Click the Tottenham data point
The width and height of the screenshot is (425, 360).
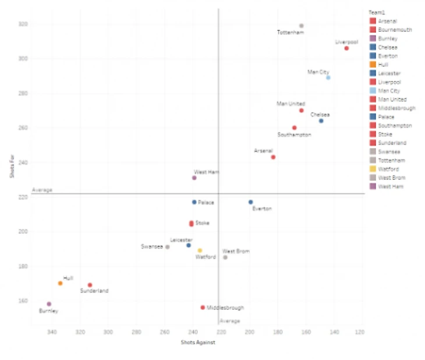(x=301, y=26)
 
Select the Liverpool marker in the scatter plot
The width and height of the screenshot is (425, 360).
(x=346, y=48)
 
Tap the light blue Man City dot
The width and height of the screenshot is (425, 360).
(x=328, y=77)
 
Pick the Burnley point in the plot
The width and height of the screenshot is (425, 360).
(x=49, y=304)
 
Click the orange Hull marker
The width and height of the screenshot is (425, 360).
(x=60, y=283)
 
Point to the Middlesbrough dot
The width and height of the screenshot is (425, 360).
(x=203, y=308)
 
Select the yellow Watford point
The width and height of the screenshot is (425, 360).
(x=200, y=250)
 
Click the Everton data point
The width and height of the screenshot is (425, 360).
(x=251, y=202)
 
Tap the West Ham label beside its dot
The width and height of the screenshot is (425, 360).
(x=206, y=171)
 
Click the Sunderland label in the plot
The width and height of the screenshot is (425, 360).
(x=94, y=291)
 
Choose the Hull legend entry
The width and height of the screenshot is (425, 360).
(x=387, y=65)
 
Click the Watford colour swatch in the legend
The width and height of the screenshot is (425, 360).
(x=372, y=169)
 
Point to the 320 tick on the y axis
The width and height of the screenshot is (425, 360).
(x=22, y=24)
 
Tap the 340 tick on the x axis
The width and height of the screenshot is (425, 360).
(x=52, y=332)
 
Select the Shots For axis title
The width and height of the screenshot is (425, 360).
(x=10, y=173)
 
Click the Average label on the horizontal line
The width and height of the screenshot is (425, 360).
(x=42, y=190)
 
